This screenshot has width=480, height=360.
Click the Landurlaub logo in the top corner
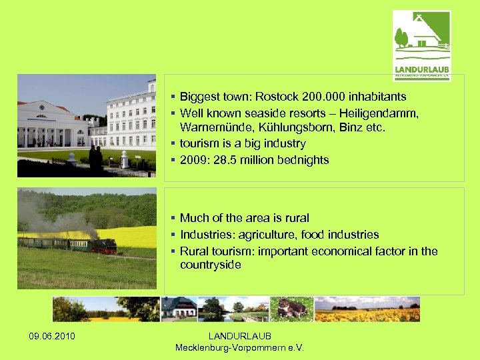click(421, 45)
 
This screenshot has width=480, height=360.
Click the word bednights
click(299, 160)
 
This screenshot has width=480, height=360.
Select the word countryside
click(210, 265)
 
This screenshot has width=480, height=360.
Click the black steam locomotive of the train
click(104, 245)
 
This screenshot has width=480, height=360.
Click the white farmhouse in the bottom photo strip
click(179, 307)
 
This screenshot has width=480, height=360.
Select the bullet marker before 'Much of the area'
click(172, 218)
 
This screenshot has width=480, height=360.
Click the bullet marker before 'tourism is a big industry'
click(172, 143)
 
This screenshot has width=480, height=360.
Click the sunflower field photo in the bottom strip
click(367, 309)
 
